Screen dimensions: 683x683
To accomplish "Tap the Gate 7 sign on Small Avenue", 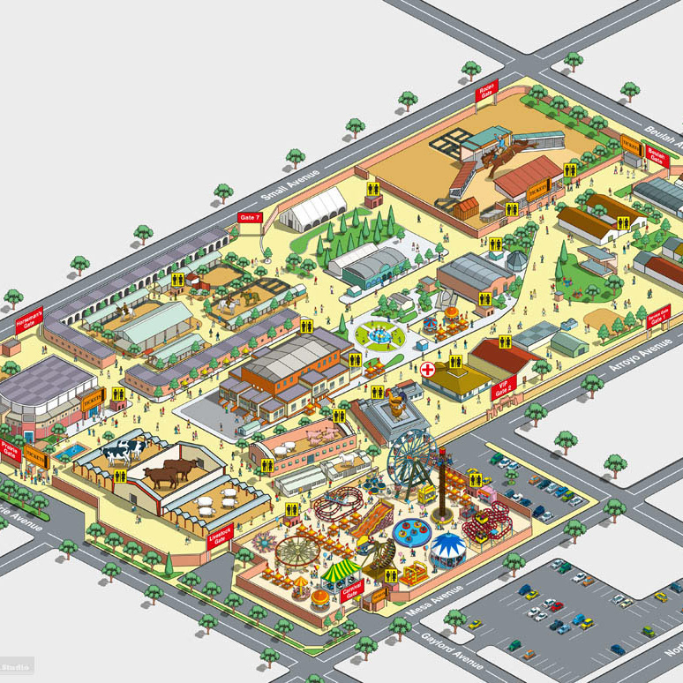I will [250, 216].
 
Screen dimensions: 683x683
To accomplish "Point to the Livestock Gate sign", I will [219, 539].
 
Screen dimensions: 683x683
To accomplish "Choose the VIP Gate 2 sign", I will [505, 387].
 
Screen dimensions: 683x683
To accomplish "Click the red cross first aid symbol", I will [428, 369].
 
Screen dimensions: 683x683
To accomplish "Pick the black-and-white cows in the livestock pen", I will [123, 451].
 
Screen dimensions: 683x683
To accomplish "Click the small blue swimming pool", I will [71, 451].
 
